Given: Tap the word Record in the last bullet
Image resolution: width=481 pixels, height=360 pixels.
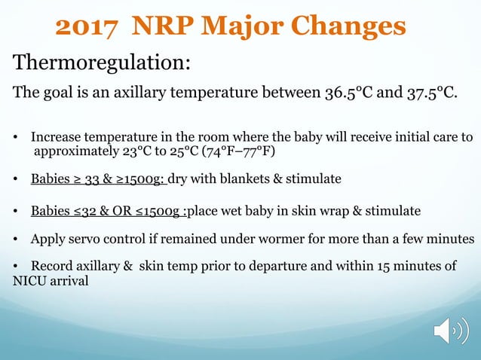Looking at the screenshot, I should pyautogui.click(x=52, y=267).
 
